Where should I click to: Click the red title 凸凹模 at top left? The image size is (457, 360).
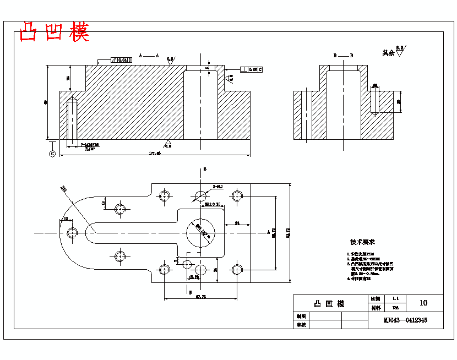click(54, 32)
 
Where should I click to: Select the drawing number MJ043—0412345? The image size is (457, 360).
click(405, 320)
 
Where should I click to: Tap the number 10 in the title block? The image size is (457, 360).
click(423, 303)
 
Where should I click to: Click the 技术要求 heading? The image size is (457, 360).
click(362, 242)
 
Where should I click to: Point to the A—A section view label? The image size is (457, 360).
click(149, 56)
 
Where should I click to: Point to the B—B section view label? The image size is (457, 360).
click(343, 56)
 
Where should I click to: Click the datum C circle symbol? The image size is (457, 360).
click(52, 153)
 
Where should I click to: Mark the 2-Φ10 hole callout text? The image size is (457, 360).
click(217, 187)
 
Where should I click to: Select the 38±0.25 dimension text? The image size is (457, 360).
click(213, 204)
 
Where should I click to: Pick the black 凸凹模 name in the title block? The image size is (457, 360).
click(329, 304)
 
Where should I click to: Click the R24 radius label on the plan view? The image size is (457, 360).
click(64, 189)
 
